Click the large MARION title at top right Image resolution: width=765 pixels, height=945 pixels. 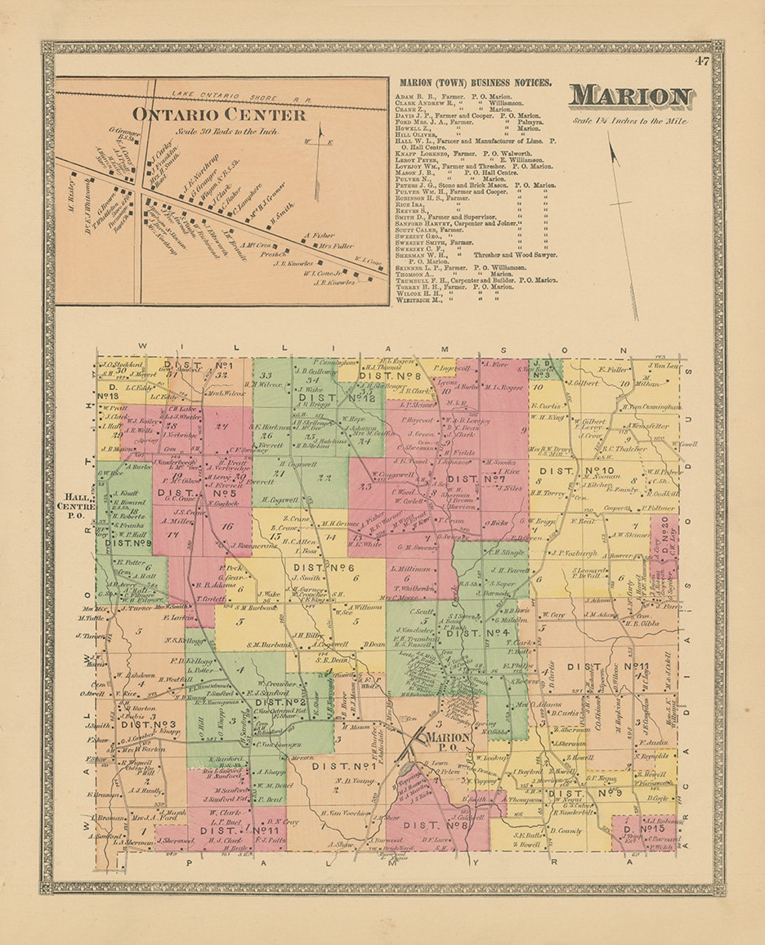(x=631, y=98)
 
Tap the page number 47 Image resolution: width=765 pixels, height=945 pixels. (x=702, y=62)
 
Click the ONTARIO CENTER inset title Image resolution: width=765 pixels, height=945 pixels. (x=219, y=115)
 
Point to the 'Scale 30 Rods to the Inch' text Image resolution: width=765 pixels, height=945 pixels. (x=219, y=132)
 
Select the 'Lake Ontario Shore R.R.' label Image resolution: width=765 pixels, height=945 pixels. (x=242, y=97)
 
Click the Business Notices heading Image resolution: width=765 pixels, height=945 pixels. (x=476, y=83)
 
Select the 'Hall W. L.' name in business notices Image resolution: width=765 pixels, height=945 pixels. (x=411, y=140)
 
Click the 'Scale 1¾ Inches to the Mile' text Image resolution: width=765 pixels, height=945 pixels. (x=629, y=121)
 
